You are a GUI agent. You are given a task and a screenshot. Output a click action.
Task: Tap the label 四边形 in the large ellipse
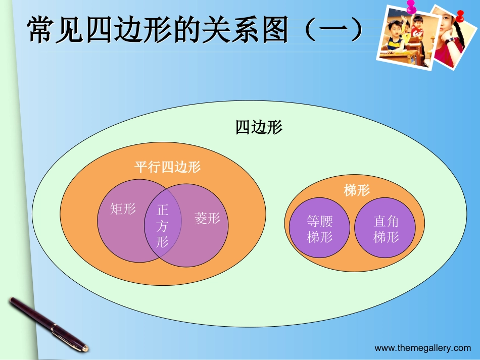[x=259, y=127]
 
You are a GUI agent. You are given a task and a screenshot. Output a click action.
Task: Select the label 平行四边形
[x=167, y=167]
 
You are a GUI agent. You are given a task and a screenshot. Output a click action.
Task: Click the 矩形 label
[x=123, y=209]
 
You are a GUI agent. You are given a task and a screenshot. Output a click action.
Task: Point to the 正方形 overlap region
[x=162, y=225]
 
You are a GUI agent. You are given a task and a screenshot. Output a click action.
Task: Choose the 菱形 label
[x=207, y=218]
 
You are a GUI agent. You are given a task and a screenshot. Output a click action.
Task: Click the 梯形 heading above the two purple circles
[x=357, y=190]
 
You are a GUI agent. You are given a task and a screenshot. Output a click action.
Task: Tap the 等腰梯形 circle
[x=320, y=228]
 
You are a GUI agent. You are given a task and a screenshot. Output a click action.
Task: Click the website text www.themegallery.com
[x=422, y=348]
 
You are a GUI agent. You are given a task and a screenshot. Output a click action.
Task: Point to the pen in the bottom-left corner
[x=48, y=323]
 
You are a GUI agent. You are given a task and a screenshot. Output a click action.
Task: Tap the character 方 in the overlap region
[x=162, y=225]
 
